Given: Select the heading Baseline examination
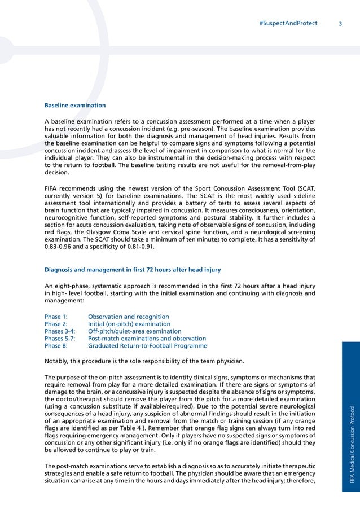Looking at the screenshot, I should (75, 105).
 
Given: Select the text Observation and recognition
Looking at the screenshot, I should (129, 317).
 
